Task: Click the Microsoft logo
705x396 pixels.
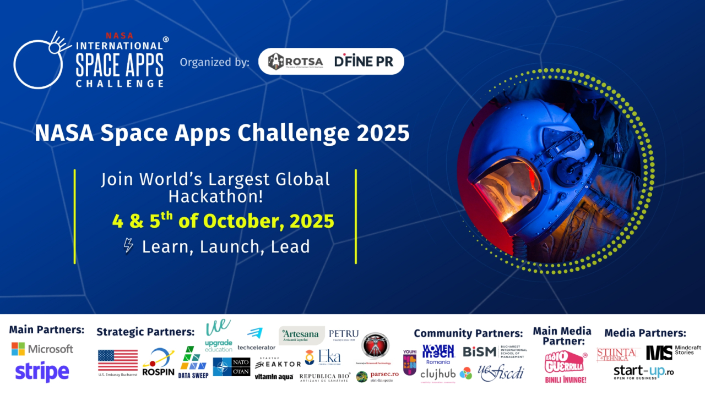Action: click(42, 349)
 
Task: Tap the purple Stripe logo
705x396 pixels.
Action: click(42, 371)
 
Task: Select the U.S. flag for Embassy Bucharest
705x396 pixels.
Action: click(118, 362)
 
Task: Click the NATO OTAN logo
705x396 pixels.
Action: click(231, 366)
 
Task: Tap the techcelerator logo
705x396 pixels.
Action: click(256, 339)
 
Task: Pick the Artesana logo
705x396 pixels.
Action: click(302, 335)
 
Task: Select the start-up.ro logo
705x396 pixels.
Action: click(643, 372)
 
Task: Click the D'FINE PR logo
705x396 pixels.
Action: click(364, 62)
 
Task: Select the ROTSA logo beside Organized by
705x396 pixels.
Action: click(295, 62)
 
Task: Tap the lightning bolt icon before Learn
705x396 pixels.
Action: click(128, 246)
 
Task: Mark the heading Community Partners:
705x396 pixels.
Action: click(468, 333)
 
